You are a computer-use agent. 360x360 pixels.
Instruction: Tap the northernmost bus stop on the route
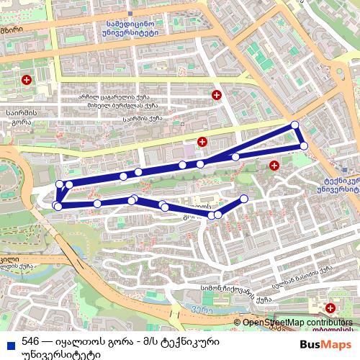294,125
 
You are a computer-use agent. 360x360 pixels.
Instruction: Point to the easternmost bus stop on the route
304,146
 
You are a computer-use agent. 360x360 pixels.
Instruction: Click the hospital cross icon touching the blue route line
202,141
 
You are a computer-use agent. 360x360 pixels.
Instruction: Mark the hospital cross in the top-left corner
27,79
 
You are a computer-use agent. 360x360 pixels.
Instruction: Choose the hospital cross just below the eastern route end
274,166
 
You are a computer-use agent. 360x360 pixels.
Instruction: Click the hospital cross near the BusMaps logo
330,309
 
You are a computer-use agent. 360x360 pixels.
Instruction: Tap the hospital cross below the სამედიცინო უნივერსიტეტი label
216,95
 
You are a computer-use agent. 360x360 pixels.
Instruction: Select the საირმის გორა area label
17,117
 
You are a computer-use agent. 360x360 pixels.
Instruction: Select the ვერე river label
203,310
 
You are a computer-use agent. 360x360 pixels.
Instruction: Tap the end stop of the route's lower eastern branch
243,198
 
